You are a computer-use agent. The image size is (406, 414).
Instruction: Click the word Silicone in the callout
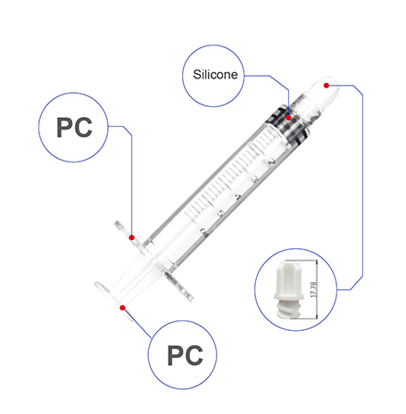[x=215, y=74]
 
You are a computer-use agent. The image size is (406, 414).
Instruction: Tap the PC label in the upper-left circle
[x=74, y=128]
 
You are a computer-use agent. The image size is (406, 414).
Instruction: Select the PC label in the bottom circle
[x=185, y=355]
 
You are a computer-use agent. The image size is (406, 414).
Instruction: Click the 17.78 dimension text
[x=313, y=289]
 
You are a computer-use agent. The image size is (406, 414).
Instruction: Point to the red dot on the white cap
[x=327, y=86]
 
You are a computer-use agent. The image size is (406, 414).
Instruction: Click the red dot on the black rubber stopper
[x=288, y=118]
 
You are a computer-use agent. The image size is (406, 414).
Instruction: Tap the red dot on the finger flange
[x=132, y=237]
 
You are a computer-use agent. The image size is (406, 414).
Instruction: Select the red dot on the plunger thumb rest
[x=122, y=308]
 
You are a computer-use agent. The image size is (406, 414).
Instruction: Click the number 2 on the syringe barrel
[x=271, y=162]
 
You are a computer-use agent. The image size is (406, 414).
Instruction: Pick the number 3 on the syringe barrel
[x=254, y=179]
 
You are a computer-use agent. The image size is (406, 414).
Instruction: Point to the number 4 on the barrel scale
[x=237, y=196]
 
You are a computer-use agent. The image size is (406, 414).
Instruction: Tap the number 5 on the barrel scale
[x=220, y=213]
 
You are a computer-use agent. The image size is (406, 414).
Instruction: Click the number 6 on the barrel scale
[x=204, y=232]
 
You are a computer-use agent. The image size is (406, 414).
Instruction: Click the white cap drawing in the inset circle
[x=288, y=289]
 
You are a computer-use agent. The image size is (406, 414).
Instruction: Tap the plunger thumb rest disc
[x=114, y=301]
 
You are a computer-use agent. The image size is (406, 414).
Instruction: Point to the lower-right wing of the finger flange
[x=179, y=286]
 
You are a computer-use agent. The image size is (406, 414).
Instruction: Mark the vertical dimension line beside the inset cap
[x=316, y=289]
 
